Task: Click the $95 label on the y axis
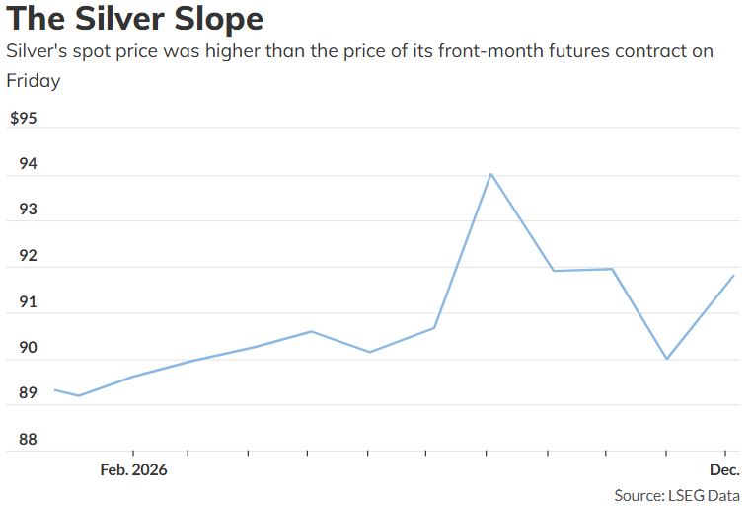coord(24,118)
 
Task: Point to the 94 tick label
coord(28,164)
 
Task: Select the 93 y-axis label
coord(28,210)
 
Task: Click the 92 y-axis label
coord(28,255)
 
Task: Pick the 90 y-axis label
coord(28,347)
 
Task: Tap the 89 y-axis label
coord(28,392)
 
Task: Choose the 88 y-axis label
coord(28,439)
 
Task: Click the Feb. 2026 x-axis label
coord(134,469)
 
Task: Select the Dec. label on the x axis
coord(724,469)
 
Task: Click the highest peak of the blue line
coord(490,174)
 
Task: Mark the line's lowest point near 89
coord(79,395)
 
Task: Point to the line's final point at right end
coord(734,276)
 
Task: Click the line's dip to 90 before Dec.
coord(666,359)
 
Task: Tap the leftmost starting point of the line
coord(55,390)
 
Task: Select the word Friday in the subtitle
coord(34,81)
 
